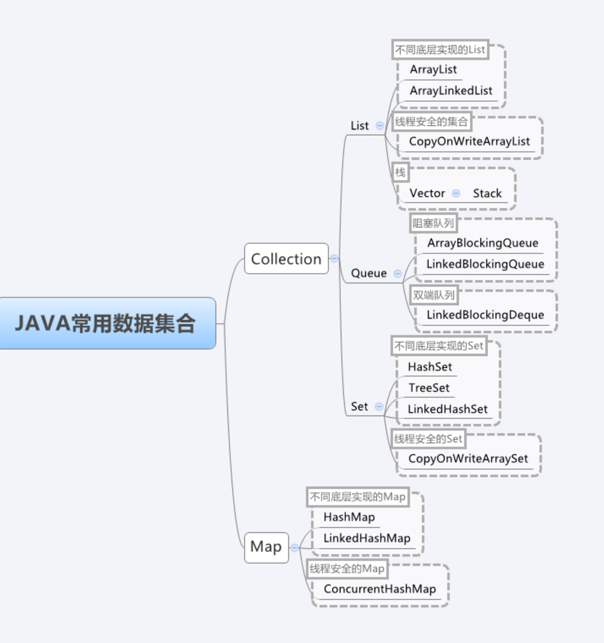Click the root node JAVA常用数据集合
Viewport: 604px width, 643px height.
click(x=106, y=323)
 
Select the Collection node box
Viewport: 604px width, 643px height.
click(x=286, y=259)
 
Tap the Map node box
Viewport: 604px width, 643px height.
click(x=266, y=547)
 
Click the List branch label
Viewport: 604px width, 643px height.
click(x=359, y=126)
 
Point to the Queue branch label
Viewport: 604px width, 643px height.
click(x=369, y=274)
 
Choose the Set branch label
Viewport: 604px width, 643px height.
click(x=359, y=407)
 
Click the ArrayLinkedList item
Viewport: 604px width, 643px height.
click(x=451, y=91)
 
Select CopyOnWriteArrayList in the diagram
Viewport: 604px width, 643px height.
click(x=469, y=142)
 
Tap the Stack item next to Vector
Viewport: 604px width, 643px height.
click(x=487, y=193)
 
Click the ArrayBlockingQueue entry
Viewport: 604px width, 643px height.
click(x=483, y=243)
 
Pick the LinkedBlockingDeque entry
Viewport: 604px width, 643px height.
click(x=485, y=315)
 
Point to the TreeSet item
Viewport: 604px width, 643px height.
click(x=429, y=388)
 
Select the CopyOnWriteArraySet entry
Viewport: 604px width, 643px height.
click(x=468, y=459)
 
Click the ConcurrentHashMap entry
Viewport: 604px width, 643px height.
click(x=380, y=589)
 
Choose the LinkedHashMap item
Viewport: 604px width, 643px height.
click(x=367, y=538)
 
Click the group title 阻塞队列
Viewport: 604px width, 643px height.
click(x=433, y=223)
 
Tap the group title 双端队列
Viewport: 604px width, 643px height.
click(x=433, y=295)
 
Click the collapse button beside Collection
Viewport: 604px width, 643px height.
click(x=334, y=259)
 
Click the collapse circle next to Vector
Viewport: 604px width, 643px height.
click(x=456, y=193)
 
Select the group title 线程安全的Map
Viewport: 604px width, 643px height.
click(x=347, y=569)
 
